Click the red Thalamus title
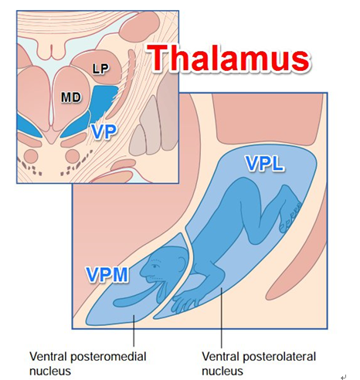coord(229,58)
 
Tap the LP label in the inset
coord(100,69)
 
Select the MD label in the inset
coord(71,97)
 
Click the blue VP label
coord(104,132)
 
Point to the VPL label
coord(265,164)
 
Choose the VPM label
coord(107,275)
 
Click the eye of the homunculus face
coord(155,266)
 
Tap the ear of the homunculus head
coord(181,263)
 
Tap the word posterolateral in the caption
coord(279,357)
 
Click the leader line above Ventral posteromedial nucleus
coord(134,331)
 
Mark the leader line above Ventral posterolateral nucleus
coord(221,318)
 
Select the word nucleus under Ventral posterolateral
coord(222,372)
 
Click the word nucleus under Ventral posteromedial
coord(50,372)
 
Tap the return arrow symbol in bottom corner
coord(344,377)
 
